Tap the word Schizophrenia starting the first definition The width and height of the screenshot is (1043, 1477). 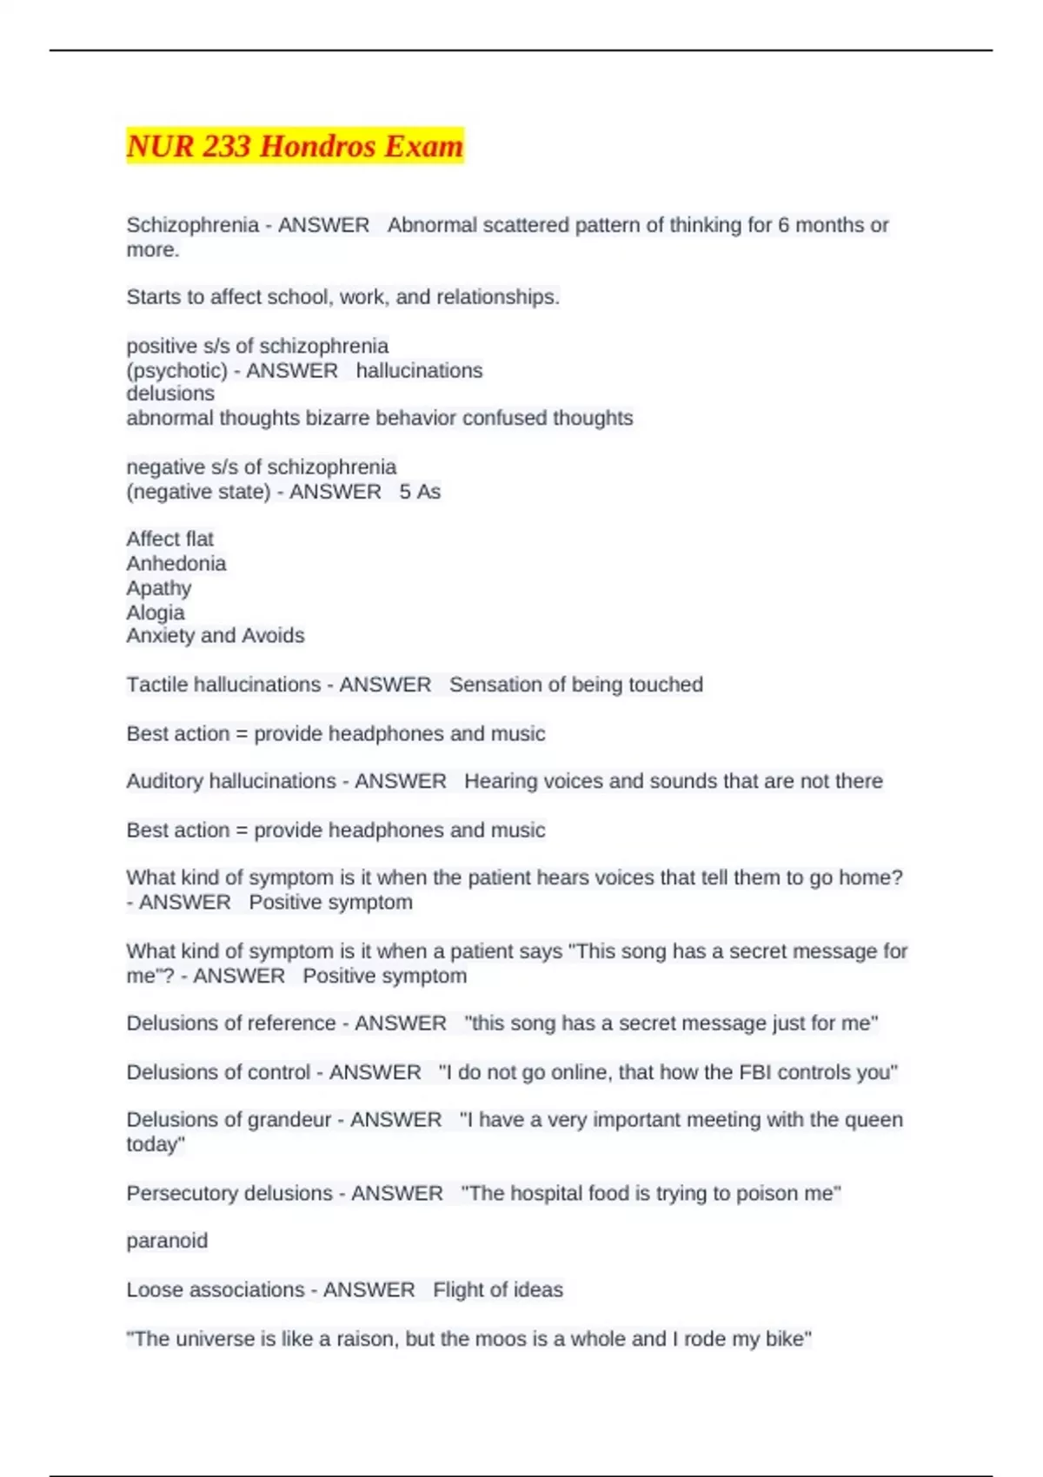pos(193,225)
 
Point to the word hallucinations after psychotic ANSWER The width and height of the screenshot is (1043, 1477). pos(419,370)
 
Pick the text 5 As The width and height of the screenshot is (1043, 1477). pos(420,492)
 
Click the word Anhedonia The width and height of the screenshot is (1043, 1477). pos(176,563)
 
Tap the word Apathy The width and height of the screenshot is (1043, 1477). pos(159,588)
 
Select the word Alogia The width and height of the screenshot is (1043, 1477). pos(156,613)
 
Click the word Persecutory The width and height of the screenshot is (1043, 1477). pos(183,1194)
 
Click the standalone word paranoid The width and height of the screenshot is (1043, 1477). pos(167,1241)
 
